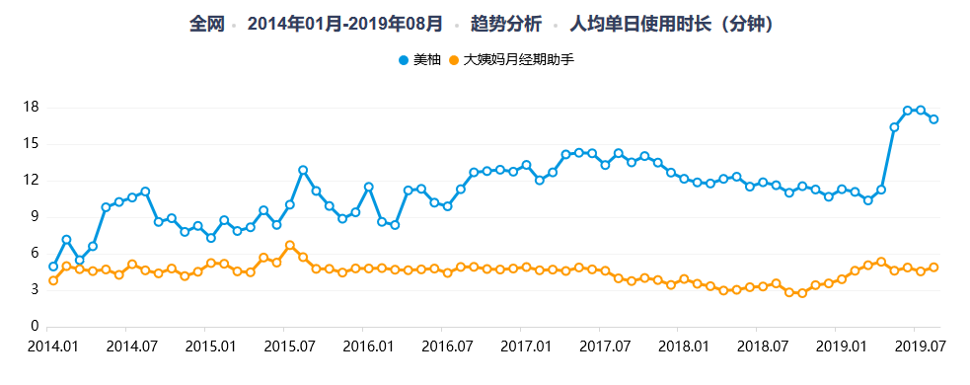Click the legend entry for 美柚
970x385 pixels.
(x=421, y=60)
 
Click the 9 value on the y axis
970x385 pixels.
(x=35, y=216)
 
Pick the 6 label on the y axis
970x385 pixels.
(x=35, y=253)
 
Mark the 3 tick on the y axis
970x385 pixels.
(x=35, y=289)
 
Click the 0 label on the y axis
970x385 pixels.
(x=35, y=326)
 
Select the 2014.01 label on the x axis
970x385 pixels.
(x=47, y=346)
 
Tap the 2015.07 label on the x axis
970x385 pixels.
(x=283, y=346)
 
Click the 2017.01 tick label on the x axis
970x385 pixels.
(x=520, y=346)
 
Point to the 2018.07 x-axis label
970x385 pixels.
(x=757, y=346)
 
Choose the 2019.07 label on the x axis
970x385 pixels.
(x=914, y=346)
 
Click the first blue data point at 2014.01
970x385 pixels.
(x=53, y=267)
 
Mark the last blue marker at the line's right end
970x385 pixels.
(x=933, y=119)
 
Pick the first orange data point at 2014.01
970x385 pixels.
(x=53, y=280)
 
